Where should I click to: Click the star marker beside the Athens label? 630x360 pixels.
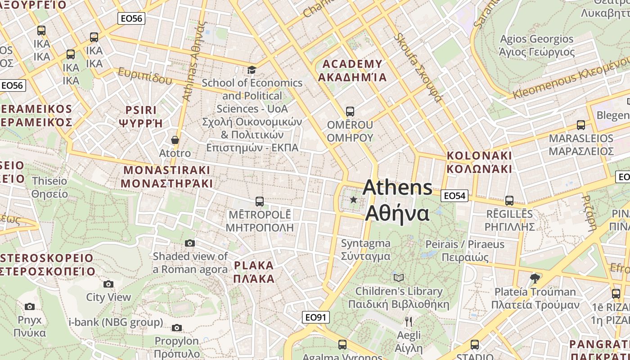(x=354, y=199)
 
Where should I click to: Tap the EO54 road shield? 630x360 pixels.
(x=455, y=196)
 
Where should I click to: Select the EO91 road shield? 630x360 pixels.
(x=315, y=317)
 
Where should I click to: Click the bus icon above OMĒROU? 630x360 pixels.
(x=350, y=111)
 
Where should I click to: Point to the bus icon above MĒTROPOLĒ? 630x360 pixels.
(x=259, y=201)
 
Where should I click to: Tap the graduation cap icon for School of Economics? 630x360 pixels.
(x=252, y=70)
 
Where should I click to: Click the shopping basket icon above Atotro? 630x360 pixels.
(x=175, y=140)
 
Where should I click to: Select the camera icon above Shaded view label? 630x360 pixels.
(x=190, y=243)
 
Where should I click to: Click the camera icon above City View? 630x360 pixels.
(x=108, y=284)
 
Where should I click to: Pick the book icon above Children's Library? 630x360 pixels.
(x=399, y=278)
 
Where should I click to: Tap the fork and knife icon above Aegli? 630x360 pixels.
(x=409, y=321)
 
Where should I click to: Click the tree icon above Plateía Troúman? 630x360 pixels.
(x=535, y=278)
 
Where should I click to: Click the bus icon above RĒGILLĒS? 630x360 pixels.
(x=509, y=201)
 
